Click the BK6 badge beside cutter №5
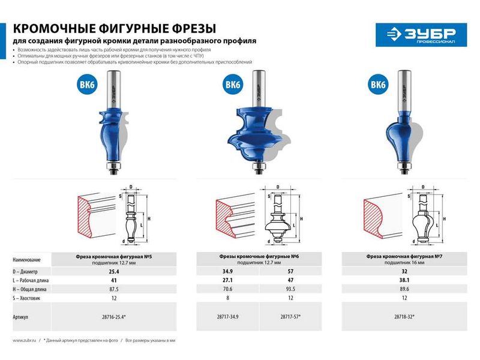pos(86,85)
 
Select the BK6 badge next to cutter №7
pos(378,85)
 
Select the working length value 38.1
pos(404,280)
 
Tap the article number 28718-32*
pos(404,316)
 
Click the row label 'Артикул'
pos(22,316)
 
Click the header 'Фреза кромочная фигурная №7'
pos(404,256)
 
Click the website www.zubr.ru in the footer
pos(25,340)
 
